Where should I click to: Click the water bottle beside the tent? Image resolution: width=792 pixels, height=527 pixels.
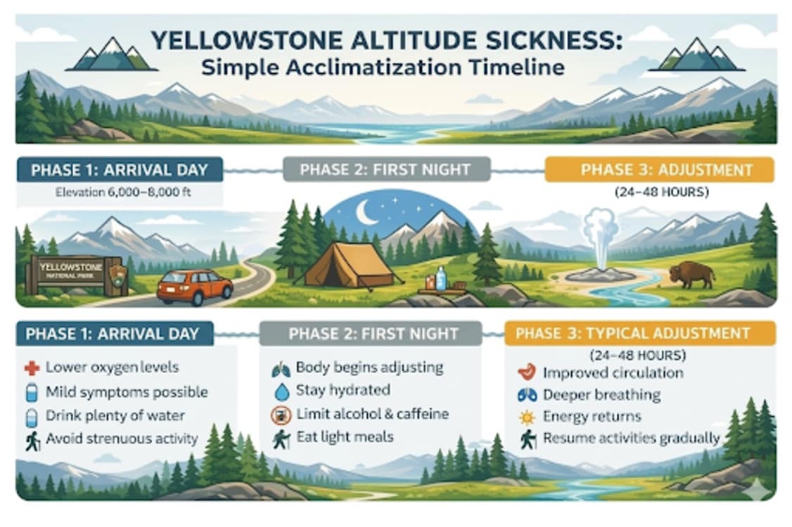click(x=441, y=278)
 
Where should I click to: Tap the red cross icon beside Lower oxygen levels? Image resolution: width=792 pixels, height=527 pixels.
click(x=31, y=367)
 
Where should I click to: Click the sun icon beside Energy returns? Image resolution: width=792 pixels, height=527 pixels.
click(x=525, y=417)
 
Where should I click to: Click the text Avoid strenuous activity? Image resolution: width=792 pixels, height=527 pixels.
click(x=122, y=439)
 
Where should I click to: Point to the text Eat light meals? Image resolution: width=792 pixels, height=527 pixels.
click(x=345, y=437)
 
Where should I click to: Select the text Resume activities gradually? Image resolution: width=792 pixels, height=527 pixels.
click(x=631, y=439)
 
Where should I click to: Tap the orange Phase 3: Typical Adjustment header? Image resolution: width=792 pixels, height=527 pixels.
click(x=640, y=333)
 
